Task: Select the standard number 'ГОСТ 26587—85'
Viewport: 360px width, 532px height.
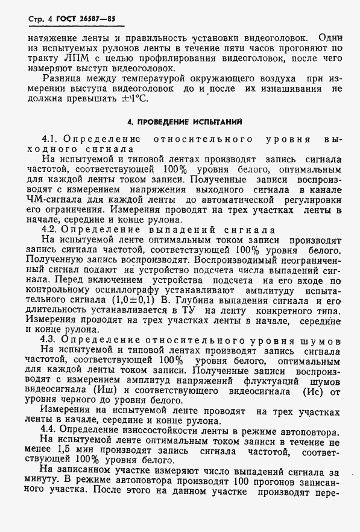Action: click(84, 19)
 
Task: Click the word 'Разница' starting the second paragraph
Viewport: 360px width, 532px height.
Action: click(65, 79)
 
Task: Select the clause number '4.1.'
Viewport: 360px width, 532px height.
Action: click(51, 139)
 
